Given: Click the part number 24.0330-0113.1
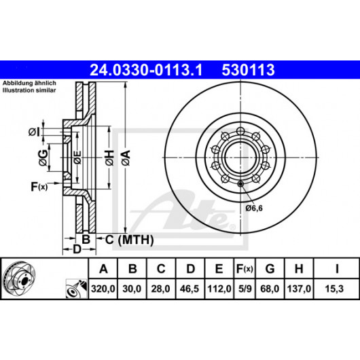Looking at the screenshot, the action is pyautogui.click(x=146, y=70).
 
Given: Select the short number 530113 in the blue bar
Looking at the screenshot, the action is pyautogui.click(x=248, y=70).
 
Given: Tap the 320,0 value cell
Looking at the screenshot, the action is pyautogui.click(x=103, y=289).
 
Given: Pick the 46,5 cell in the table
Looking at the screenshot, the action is pyautogui.click(x=190, y=289).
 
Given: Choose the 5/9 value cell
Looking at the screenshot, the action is pyautogui.click(x=245, y=289).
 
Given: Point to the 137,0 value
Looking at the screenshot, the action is pyautogui.click(x=299, y=289).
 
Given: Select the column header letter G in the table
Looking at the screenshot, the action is pyautogui.click(x=270, y=268).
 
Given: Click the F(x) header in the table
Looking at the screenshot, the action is pyautogui.click(x=245, y=268).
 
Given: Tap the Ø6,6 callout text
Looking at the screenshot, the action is pyautogui.click(x=254, y=208).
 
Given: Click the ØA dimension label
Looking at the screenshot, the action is pyautogui.click(x=126, y=158).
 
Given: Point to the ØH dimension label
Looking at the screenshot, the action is pyautogui.click(x=109, y=158).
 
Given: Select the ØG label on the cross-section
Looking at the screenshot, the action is pyautogui.click(x=43, y=158).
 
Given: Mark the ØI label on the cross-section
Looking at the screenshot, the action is pyautogui.click(x=35, y=132).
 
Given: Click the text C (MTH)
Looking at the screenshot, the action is pyautogui.click(x=129, y=240).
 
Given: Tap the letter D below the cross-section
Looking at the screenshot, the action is pyautogui.click(x=77, y=249).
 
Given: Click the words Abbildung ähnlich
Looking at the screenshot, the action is pyautogui.click(x=29, y=83).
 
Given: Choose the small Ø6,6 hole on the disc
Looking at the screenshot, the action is pyautogui.click(x=240, y=184).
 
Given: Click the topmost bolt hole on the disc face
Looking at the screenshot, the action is pyautogui.click(x=240, y=131).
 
